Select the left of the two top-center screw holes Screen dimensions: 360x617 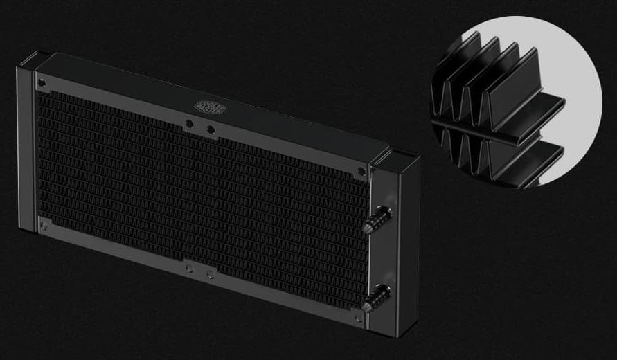(190, 125)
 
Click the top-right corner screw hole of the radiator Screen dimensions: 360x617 (361, 171)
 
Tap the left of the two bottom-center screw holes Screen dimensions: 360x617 (189, 267)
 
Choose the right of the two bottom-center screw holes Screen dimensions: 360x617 (210, 273)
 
